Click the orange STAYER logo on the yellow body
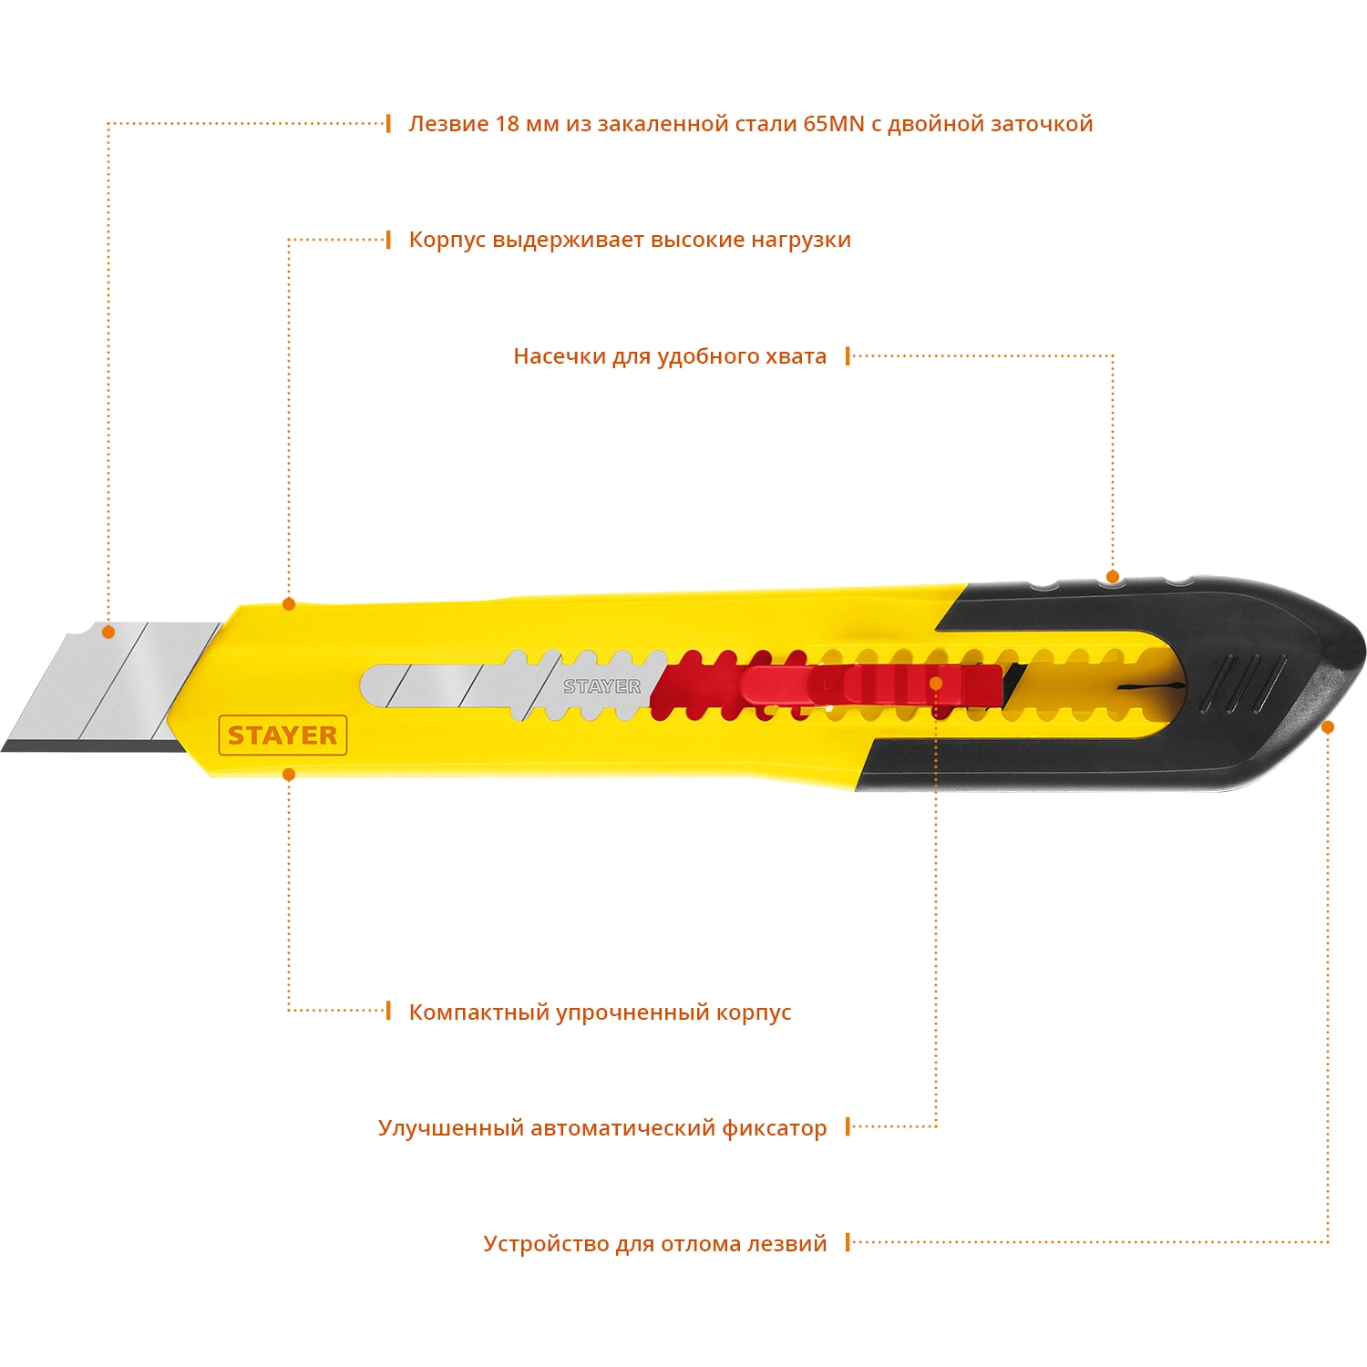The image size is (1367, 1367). click(283, 735)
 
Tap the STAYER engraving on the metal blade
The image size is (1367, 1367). click(601, 686)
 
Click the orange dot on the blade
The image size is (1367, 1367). click(108, 632)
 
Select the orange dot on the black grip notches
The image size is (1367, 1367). click(1112, 576)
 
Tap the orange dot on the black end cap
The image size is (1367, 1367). click(1328, 726)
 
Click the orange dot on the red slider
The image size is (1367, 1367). click(936, 683)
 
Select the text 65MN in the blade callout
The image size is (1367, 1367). click(833, 124)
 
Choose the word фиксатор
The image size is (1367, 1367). click(774, 1128)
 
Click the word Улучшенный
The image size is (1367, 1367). click(450, 1128)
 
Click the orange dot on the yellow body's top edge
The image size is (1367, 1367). click(289, 603)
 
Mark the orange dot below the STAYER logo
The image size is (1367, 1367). click(289, 775)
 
